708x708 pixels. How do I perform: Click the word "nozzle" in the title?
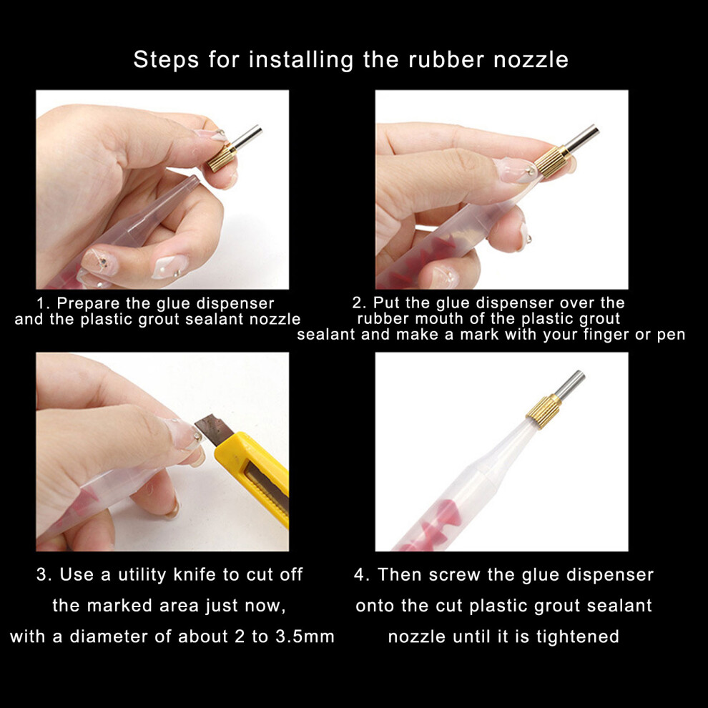coord(531,59)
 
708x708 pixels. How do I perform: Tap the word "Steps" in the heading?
coord(166,60)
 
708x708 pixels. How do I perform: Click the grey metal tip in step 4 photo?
coord(570,383)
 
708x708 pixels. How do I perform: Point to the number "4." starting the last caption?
coord(362,575)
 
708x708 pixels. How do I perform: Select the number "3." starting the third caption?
coord(44,575)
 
